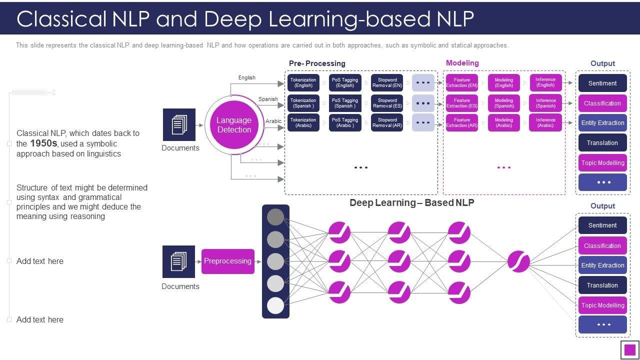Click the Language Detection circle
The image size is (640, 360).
pos(234,125)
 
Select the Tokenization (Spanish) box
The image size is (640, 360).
pos(303,103)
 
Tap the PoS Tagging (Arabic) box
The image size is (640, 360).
pos(345,122)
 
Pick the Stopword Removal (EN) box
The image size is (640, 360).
pos(387,82)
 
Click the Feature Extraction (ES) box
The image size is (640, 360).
pos(462,103)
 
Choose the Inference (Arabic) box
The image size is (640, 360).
pos(545,122)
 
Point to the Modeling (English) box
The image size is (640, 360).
pos(504,82)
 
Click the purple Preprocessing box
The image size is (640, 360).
pos(227,261)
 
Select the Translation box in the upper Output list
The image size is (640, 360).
pos(602,143)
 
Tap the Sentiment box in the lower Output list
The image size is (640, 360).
pos(602,225)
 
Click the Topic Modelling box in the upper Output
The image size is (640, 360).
pos(602,163)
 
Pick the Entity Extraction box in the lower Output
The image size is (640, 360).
pos(602,265)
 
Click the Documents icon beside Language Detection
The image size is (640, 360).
pos(179,124)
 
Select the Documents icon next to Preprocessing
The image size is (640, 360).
pos(178,261)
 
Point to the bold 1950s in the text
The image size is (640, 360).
pos(44,143)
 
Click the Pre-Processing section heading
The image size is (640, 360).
pos(317,63)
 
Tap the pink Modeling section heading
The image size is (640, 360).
pos(462,63)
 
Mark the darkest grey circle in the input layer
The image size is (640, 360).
pos(275,217)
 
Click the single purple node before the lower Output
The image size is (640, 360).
pos(518,261)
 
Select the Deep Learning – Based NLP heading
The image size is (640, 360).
pos(411,202)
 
